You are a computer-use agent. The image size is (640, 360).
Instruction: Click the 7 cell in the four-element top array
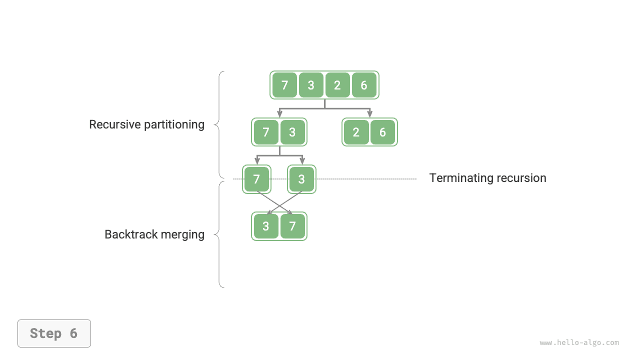coord(284,85)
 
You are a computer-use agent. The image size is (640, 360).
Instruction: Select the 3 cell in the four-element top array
coord(311,85)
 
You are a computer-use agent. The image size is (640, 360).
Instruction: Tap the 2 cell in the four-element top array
coord(337,85)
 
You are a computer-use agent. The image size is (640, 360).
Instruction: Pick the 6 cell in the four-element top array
coord(364,85)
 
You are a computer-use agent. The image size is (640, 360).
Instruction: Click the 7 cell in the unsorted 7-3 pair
coord(266,132)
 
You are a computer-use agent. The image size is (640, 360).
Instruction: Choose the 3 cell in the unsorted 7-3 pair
coord(292,132)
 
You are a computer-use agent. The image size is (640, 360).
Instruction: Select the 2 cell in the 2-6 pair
coord(356,132)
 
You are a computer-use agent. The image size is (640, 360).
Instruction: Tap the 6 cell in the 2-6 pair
coord(382,132)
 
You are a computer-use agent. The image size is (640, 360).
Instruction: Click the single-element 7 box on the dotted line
coord(256,179)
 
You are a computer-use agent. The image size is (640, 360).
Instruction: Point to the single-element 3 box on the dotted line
coord(301,179)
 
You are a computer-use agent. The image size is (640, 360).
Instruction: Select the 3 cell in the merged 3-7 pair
coord(266,226)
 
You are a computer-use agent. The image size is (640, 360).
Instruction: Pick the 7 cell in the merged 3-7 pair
coord(292,226)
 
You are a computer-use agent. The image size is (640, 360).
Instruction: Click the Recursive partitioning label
coord(146,124)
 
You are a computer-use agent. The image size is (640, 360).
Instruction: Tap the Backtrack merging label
coord(154,234)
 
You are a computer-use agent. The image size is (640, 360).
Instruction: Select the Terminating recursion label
coord(487,178)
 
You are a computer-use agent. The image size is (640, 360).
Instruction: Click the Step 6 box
coord(54,333)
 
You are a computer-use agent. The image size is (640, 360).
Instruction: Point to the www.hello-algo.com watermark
coord(579,342)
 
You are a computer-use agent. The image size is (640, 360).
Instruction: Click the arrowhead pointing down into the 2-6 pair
coord(370,114)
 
